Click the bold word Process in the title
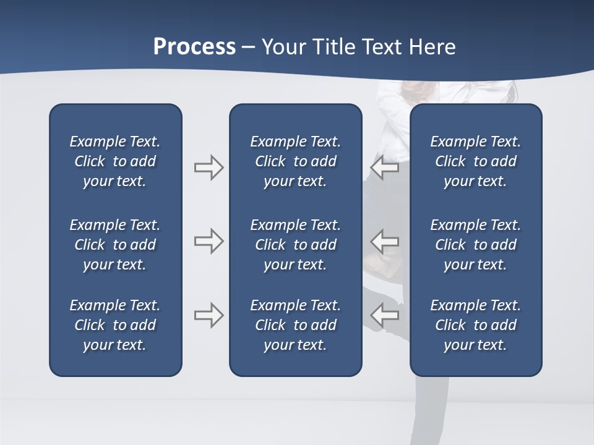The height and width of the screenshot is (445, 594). [x=194, y=47]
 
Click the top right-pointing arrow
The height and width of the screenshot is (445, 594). [x=209, y=167]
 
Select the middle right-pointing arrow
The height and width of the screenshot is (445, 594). [x=209, y=241]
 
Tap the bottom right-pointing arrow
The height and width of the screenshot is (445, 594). [x=209, y=315]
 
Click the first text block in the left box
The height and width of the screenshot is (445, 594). [x=115, y=161]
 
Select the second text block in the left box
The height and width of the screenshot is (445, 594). [x=115, y=245]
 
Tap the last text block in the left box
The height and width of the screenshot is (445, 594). [x=115, y=325]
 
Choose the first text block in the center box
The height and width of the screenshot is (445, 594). [x=295, y=161]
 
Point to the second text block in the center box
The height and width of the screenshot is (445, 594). [x=295, y=245]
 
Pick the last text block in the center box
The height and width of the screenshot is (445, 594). [x=295, y=325]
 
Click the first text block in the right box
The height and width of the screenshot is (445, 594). [x=475, y=161]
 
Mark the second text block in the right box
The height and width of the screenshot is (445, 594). [x=475, y=245]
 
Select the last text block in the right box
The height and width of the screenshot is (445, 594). [x=475, y=325]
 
